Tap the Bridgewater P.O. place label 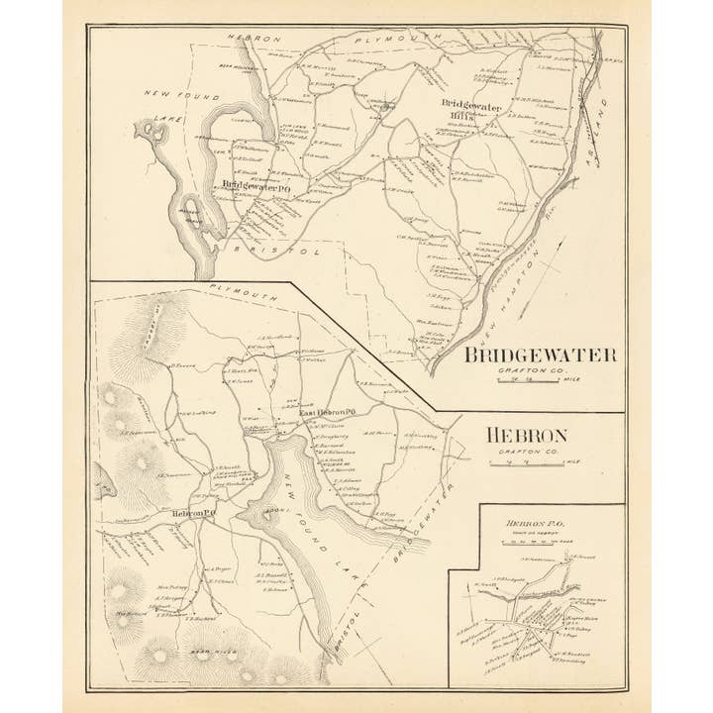[256, 185]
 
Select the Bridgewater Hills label [471, 110]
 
